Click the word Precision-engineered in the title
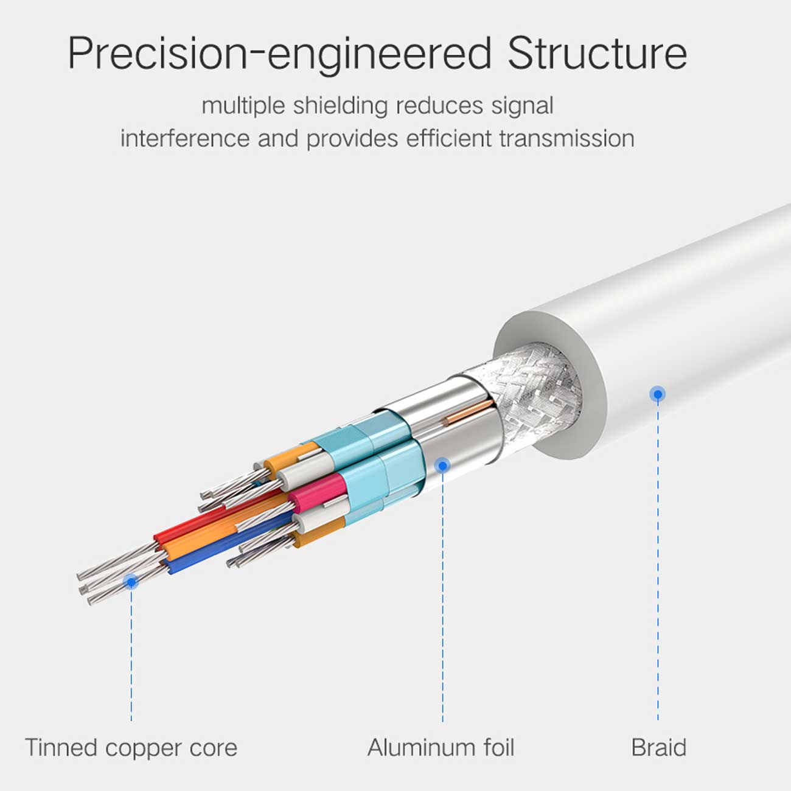point(279,54)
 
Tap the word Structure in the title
point(598,54)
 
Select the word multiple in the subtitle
point(243,106)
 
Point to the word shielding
point(340,106)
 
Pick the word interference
point(185,138)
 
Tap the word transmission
point(567,138)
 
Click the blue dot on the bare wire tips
point(131,582)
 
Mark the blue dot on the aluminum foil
point(442,465)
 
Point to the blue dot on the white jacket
point(658,394)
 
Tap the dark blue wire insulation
point(230,543)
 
